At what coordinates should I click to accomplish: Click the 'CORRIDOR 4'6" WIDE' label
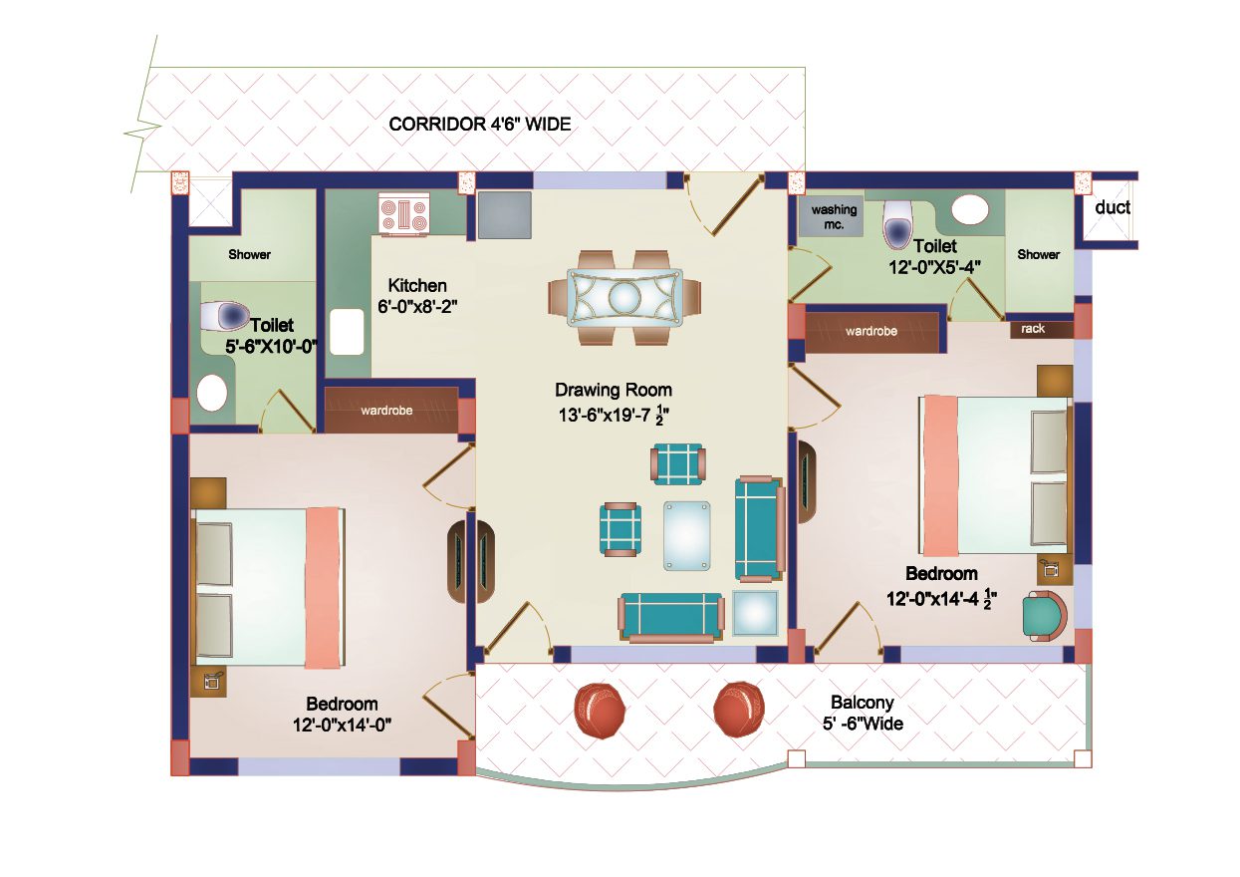[479, 125]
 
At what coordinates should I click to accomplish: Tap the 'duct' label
[1112, 208]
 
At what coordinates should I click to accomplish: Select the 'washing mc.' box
[834, 217]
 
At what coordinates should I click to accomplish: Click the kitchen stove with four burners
[403, 216]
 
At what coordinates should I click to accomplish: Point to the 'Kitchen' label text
[416, 285]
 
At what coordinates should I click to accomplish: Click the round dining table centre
[623, 297]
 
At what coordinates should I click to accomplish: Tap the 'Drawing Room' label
[613, 390]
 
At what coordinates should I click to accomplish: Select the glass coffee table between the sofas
[687, 535]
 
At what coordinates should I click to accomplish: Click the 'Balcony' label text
[862, 703]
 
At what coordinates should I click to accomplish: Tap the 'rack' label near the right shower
[1033, 329]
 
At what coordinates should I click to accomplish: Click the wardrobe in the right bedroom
[871, 332]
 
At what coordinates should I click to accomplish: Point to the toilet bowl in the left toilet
[225, 316]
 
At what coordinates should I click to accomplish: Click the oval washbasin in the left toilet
[212, 392]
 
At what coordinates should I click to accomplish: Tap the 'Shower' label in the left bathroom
[249, 255]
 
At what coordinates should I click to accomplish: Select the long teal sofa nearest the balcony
[670, 615]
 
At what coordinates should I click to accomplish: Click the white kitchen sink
[347, 332]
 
